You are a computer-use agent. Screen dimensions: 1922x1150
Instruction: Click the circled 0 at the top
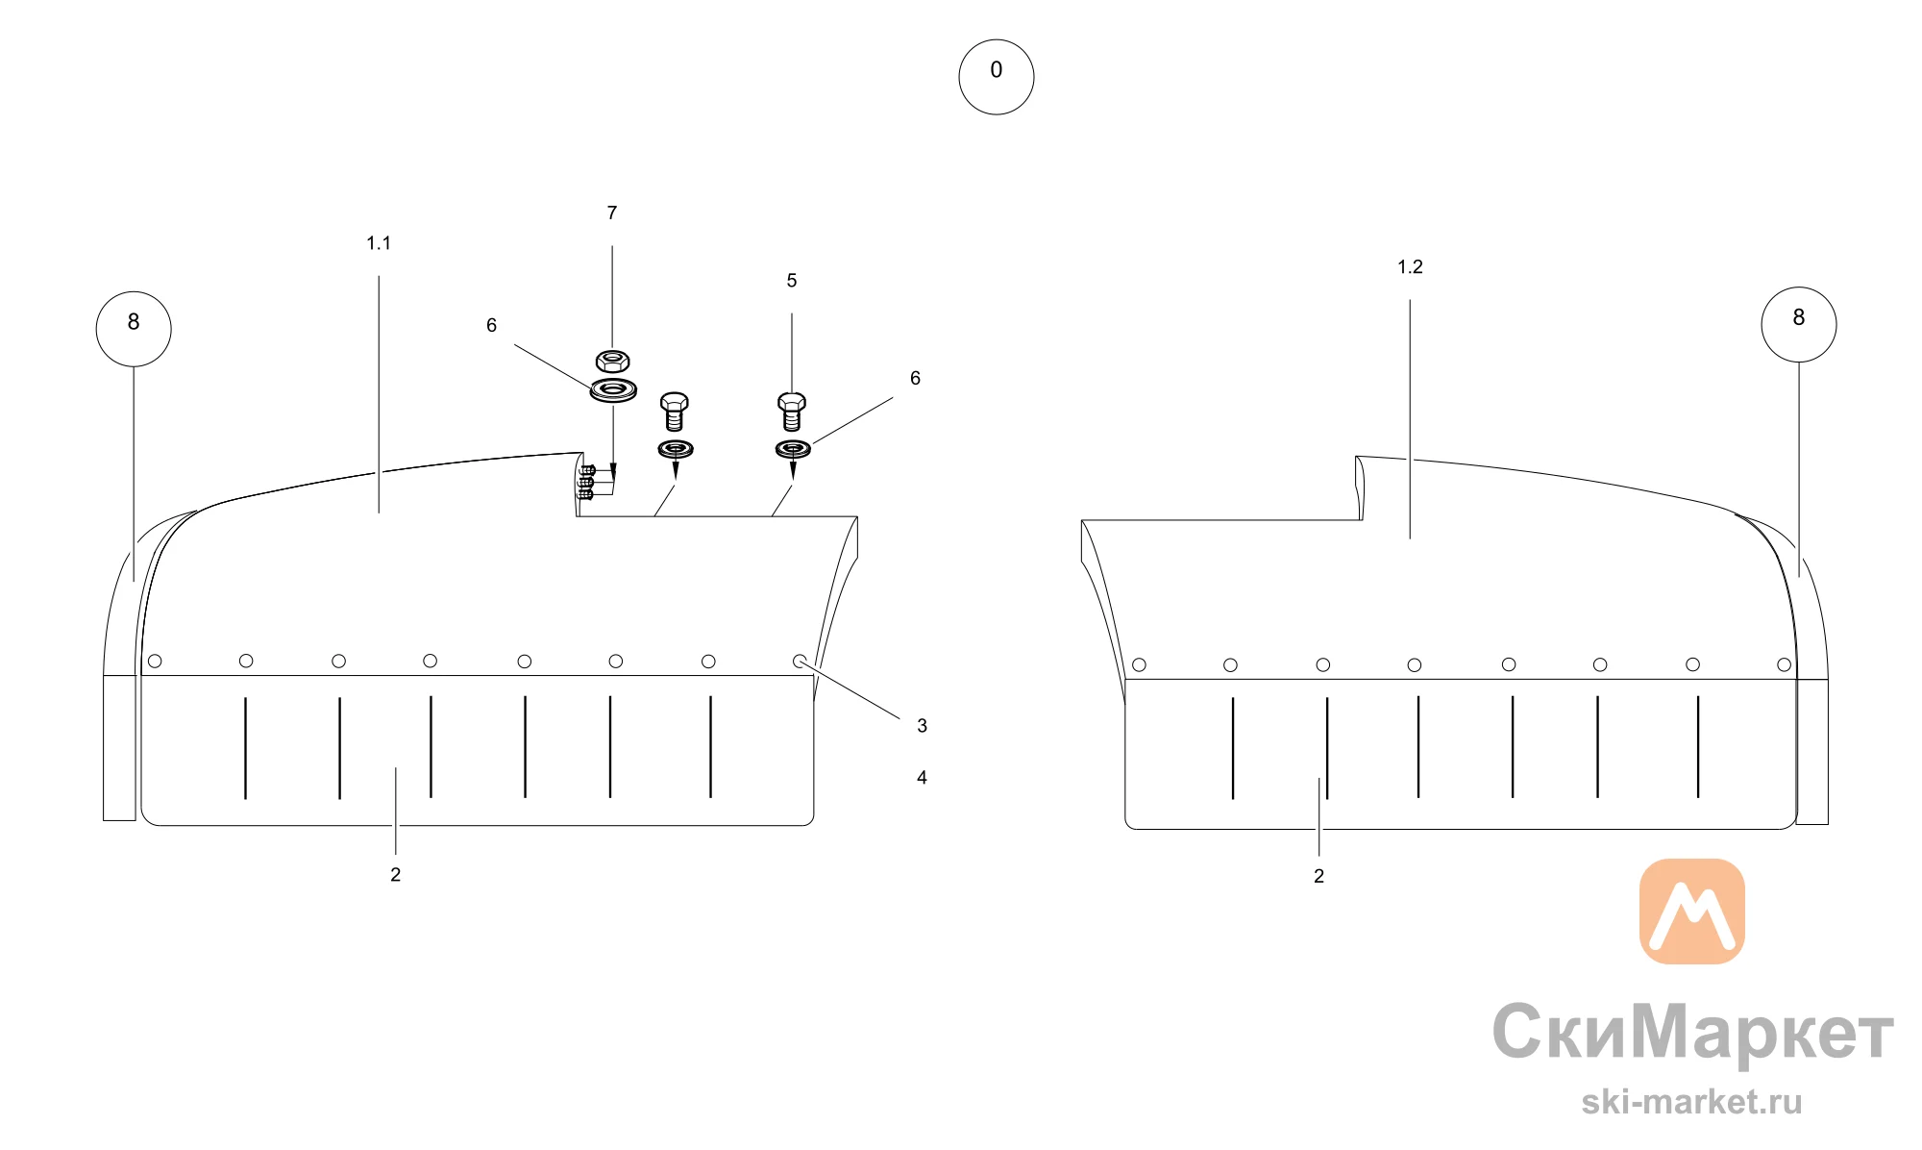[997, 77]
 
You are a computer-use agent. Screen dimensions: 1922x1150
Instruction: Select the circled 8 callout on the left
[134, 329]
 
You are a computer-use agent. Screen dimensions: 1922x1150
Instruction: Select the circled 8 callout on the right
[1799, 325]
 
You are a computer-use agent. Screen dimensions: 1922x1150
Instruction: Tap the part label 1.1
[379, 243]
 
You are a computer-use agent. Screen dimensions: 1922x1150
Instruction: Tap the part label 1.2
[1410, 267]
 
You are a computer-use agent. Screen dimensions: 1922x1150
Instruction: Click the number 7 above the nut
[612, 212]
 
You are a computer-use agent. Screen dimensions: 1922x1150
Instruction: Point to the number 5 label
[792, 281]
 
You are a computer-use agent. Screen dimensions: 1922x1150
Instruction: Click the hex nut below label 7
[612, 362]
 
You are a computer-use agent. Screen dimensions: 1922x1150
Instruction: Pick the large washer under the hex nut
[613, 390]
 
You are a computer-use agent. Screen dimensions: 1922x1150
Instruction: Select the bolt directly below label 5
[792, 412]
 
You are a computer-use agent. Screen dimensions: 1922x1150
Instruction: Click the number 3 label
[922, 726]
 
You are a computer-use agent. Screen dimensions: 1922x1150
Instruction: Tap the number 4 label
[922, 778]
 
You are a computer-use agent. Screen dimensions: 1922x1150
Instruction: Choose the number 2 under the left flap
[395, 875]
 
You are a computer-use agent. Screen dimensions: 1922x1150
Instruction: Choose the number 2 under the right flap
[1318, 877]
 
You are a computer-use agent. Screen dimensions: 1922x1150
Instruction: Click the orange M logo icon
[1692, 912]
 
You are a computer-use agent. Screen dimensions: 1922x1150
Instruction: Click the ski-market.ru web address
[1692, 1102]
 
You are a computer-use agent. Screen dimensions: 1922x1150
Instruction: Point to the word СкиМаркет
[1693, 1033]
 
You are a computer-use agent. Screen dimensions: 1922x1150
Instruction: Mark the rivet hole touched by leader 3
[800, 662]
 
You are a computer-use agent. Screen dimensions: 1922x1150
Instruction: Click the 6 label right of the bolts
[915, 379]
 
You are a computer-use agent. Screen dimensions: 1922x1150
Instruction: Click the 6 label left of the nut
[491, 326]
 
